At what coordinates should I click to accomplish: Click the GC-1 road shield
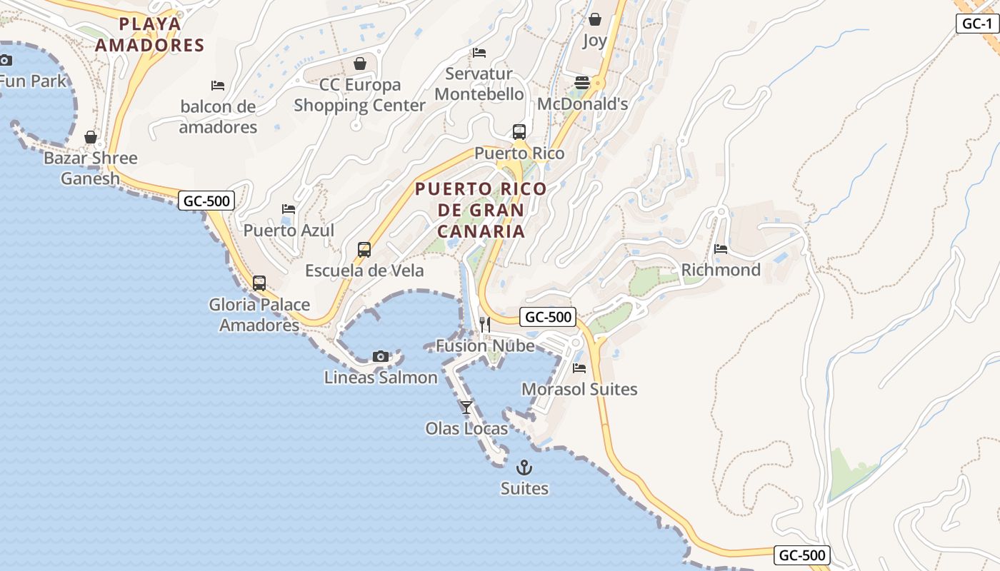pos(976,24)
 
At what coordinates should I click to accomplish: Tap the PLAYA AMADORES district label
pos(150,34)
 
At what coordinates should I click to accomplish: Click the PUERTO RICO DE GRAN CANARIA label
pos(481,210)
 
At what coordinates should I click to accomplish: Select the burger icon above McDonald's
pos(582,83)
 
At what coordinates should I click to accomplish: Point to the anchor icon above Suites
pos(524,468)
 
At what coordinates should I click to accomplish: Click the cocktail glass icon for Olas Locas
pos(466,407)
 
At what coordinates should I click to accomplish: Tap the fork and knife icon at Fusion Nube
pos(484,325)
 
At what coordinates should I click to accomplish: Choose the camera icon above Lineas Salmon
pos(381,356)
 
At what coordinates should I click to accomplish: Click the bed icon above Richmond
pos(721,249)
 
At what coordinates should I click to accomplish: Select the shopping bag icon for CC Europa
pos(360,64)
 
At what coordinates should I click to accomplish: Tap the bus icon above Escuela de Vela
pos(364,250)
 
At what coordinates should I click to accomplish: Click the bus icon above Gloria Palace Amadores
pos(259,283)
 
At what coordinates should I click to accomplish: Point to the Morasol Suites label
pos(579,389)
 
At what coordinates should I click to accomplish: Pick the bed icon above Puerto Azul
pos(289,209)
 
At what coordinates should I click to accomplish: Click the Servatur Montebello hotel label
pos(479,84)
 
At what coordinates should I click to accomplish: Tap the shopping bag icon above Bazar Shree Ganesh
pos(91,137)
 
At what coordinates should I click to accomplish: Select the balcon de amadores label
pos(218,117)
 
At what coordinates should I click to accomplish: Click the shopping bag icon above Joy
pos(594,19)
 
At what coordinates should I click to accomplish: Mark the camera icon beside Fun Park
pos(6,60)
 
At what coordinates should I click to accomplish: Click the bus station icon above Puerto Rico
pos(519,132)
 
